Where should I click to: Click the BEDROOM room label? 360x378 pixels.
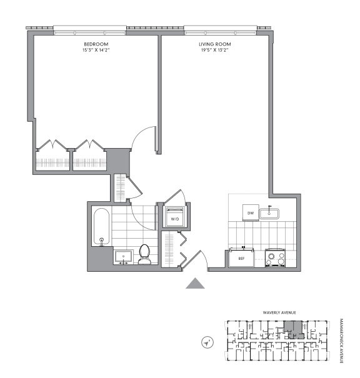point(96,44)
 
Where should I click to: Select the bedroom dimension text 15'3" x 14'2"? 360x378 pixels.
point(96,50)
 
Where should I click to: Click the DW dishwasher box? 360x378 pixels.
point(250,214)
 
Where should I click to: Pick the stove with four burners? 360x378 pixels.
point(274,257)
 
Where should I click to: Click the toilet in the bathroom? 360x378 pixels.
point(145,253)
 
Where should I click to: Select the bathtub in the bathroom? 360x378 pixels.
point(101,228)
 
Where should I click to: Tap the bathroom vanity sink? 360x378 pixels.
point(123,256)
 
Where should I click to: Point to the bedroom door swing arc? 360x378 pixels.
point(144,136)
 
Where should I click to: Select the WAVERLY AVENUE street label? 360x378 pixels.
point(279,312)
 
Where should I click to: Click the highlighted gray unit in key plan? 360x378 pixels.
point(291,328)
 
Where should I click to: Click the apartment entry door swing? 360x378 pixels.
point(200,259)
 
